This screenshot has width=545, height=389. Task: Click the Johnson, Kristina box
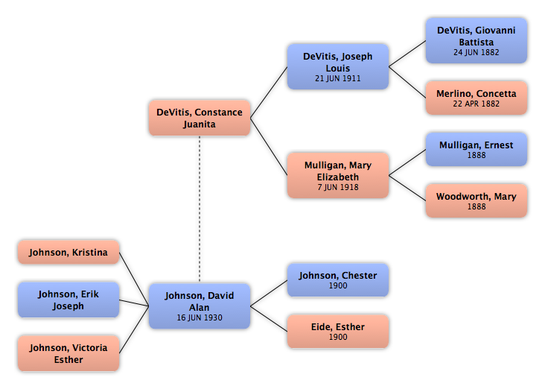68,252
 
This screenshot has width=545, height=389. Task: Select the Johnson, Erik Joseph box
68,300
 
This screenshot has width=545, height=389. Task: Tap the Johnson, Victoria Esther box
68,353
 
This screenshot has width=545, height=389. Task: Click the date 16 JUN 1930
200,317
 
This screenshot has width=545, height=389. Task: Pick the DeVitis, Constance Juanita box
200,118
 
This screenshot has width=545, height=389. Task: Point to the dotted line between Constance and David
200,209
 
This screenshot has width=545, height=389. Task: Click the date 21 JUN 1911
338,78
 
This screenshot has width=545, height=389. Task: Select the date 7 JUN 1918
338,187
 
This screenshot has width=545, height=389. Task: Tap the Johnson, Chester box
338,280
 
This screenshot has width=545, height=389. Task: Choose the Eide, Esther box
338,331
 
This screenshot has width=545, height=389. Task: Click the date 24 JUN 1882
477,52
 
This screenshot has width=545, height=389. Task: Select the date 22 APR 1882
477,104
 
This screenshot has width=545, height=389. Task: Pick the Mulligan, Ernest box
477,149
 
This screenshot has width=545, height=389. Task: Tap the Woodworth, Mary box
477,200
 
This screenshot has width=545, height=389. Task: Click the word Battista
477,42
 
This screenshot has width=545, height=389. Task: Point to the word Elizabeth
338,177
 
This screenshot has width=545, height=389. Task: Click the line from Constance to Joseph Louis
269,92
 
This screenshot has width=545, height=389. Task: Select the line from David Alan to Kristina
134,279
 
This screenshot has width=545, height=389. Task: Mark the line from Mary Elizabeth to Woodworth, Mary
407,188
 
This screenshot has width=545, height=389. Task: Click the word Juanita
200,124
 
